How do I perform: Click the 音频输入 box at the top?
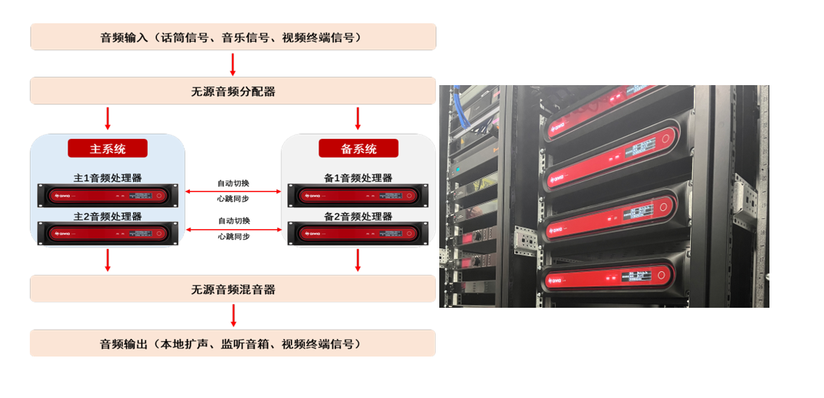click(x=233, y=37)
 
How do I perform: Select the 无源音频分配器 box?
click(x=233, y=92)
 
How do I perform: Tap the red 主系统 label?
click(x=108, y=148)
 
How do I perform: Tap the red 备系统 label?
click(x=359, y=148)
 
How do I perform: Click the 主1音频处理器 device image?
click(x=108, y=195)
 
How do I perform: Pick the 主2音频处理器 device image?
click(x=108, y=234)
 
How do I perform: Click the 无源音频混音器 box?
click(x=233, y=290)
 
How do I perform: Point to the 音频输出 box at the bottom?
click(x=233, y=343)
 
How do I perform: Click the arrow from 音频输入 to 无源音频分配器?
click(x=233, y=64)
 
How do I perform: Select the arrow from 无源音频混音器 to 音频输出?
click(x=233, y=316)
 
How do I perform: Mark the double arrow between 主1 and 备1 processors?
click(x=233, y=191)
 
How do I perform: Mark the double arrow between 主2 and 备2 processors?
click(x=233, y=229)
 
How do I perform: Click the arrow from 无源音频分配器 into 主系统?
click(x=108, y=119)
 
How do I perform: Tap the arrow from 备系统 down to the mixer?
click(x=358, y=260)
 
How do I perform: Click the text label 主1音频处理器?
click(x=108, y=178)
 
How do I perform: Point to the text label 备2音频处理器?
click(x=358, y=217)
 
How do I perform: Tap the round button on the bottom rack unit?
click(x=661, y=275)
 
